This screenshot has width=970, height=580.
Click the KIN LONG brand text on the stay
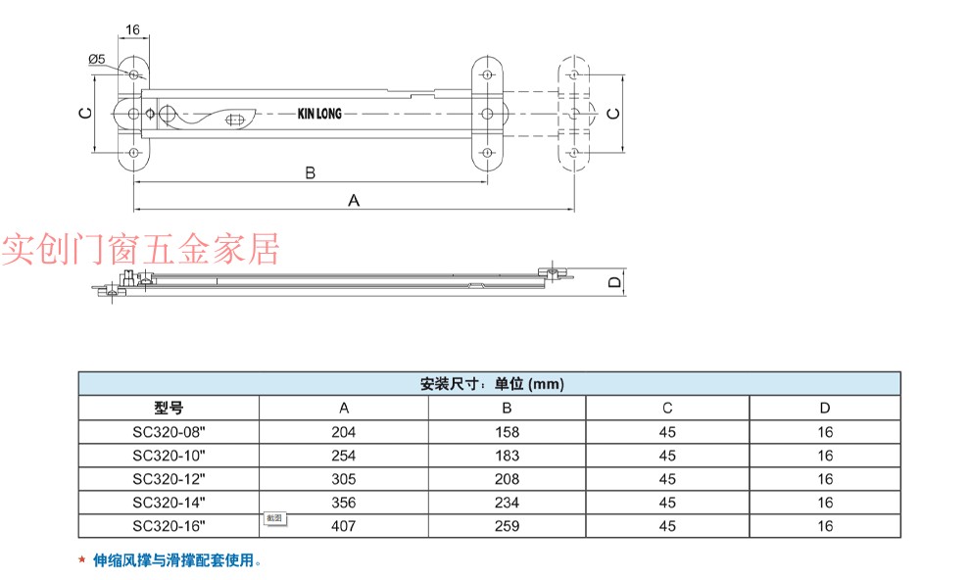319,115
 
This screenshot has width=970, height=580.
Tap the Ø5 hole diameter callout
97,60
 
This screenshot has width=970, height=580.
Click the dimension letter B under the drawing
310,173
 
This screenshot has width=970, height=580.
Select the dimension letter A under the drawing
355,200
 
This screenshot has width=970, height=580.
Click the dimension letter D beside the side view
614,282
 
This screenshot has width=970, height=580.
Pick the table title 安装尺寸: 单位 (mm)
491,384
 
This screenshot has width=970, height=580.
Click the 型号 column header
169,409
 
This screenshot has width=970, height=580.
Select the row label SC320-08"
169,432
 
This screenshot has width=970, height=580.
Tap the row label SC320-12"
169,479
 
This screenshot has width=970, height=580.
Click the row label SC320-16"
169,526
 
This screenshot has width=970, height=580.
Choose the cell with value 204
344,432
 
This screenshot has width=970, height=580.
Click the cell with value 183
507,456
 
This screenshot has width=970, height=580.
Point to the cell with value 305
344,479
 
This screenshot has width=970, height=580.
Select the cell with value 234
507,503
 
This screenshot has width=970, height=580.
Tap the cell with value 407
344,526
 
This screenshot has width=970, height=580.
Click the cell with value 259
507,526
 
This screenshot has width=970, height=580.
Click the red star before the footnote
81,561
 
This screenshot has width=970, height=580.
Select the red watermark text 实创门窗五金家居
139,250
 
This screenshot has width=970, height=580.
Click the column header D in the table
825,409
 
